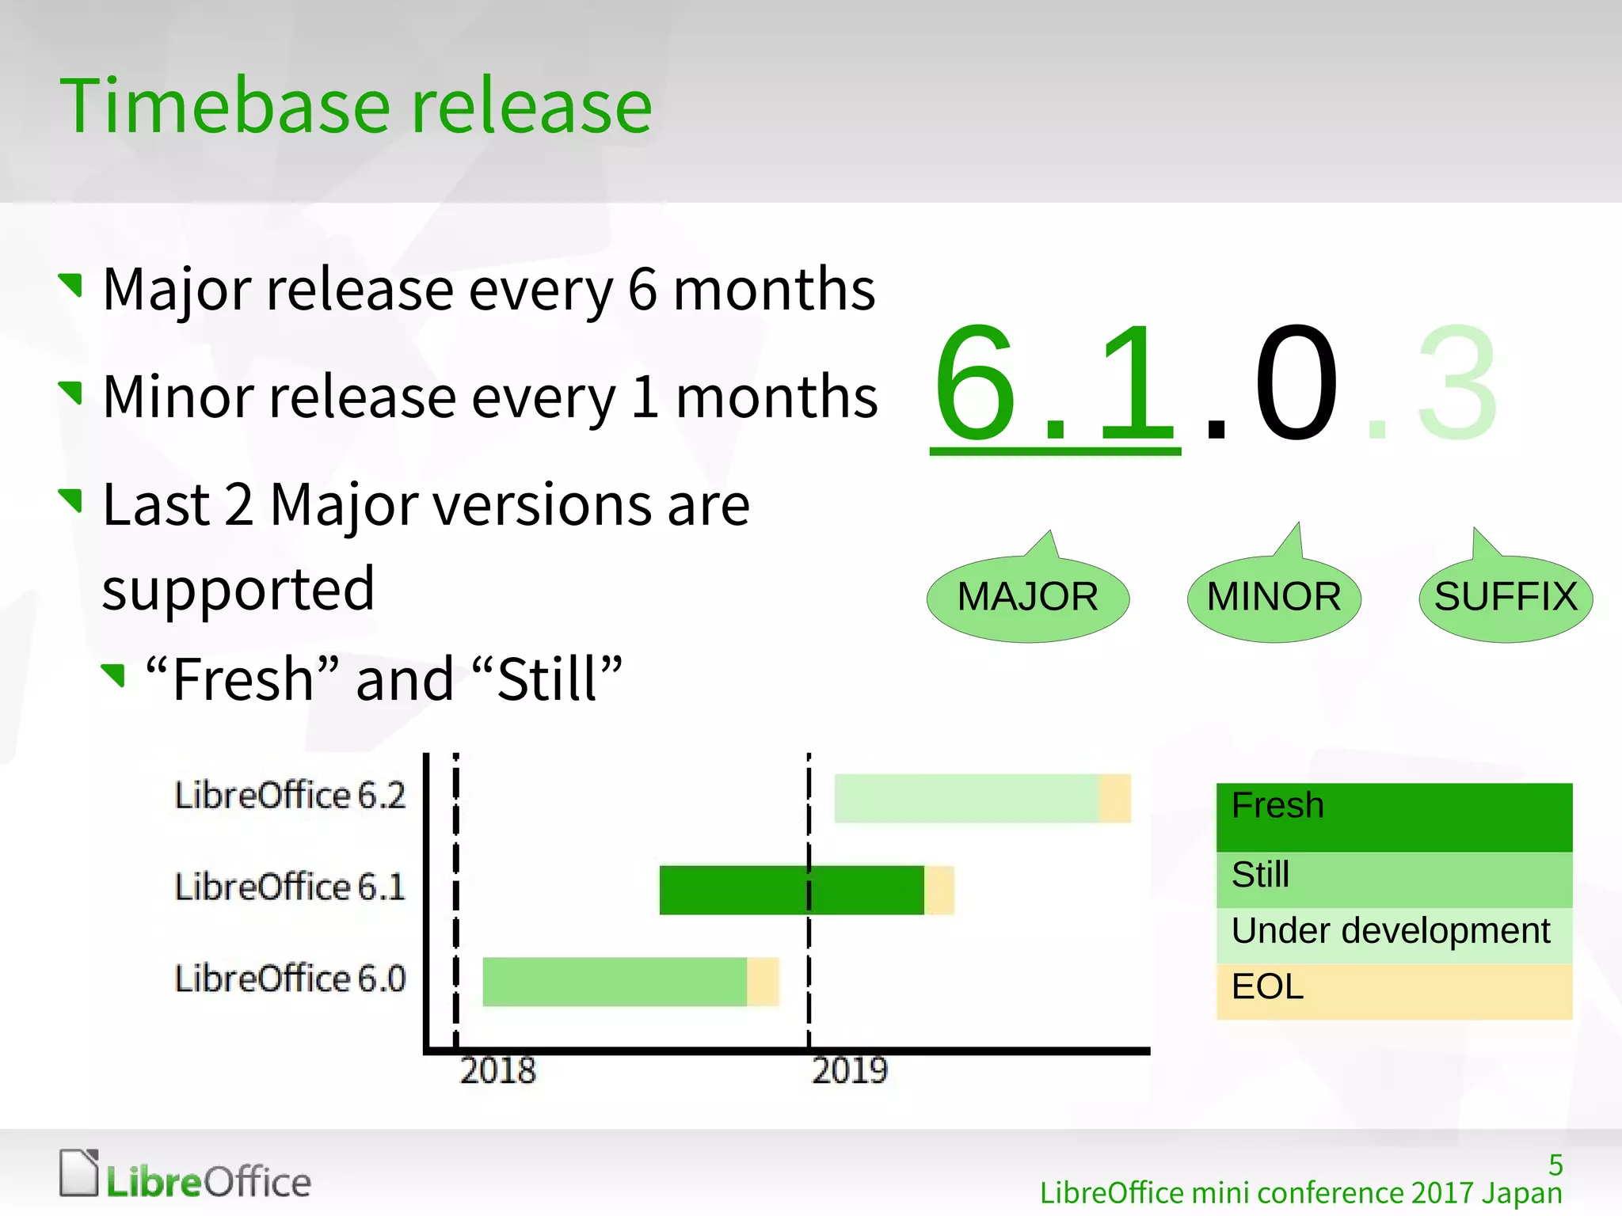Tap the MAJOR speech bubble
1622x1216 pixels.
tap(1027, 598)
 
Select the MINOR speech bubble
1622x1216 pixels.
tap(1274, 598)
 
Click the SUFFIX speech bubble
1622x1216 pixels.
tap(1505, 598)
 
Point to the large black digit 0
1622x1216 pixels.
tap(1296, 384)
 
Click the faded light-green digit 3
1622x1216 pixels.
tap(1457, 384)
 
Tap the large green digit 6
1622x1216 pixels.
tap(976, 384)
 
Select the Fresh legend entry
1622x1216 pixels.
tap(1394, 816)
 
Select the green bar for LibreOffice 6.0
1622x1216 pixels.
tap(614, 982)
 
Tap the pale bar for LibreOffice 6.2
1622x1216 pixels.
tap(966, 798)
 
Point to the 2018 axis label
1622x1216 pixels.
tap(497, 1071)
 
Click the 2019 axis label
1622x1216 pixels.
tap(850, 1071)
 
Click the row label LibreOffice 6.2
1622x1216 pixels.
tap(290, 796)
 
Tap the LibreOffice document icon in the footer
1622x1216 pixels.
tap(79, 1173)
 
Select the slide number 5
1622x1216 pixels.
tap(1555, 1165)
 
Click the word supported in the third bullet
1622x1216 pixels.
tap(238, 590)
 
